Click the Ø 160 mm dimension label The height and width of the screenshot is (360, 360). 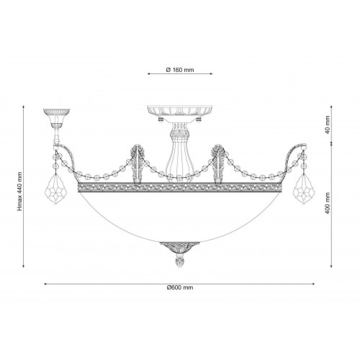[x=180, y=70]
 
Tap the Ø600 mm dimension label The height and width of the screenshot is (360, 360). [x=180, y=287]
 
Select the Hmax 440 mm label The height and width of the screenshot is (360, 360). [x=19, y=192]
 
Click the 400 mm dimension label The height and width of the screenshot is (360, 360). [x=328, y=204]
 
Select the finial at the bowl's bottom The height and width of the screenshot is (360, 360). [x=180, y=262]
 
